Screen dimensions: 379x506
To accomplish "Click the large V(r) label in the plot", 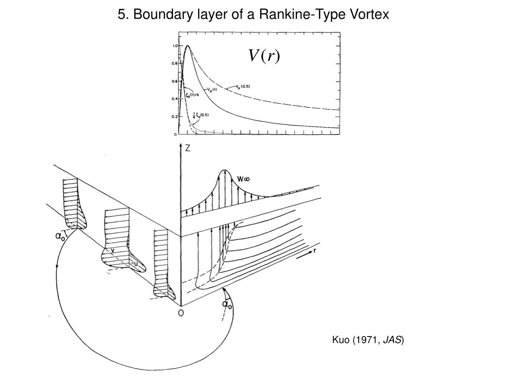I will (263, 56).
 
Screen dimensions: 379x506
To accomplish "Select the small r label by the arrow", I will (315, 251).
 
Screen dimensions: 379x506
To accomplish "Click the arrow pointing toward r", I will (303, 255).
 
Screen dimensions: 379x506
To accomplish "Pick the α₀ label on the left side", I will (60, 237).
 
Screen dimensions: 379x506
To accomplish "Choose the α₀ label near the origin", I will (227, 304).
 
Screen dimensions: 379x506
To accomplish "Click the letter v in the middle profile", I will (113, 251).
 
